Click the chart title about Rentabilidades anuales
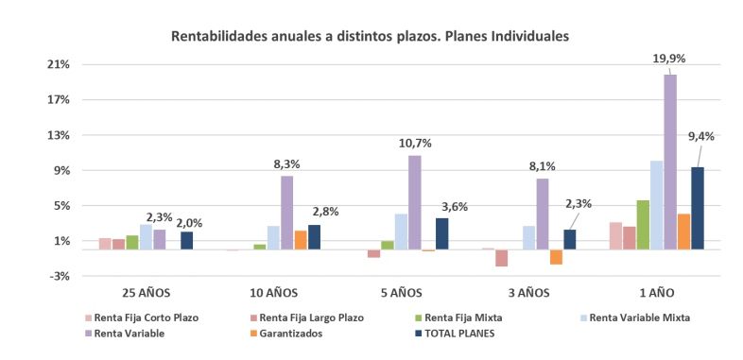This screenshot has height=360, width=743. pos(370,37)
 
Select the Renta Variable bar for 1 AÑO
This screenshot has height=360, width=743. pos(669,162)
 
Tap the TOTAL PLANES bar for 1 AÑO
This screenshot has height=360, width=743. pos(697,208)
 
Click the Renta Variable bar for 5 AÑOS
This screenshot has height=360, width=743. pos(414,202)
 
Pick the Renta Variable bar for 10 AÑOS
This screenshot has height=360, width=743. pos(286,213)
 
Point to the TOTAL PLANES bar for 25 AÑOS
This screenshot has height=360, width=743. pos(186,240)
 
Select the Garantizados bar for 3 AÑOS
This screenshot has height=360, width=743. pos(556,257)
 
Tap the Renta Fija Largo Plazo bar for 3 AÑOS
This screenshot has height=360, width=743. pos(501,258)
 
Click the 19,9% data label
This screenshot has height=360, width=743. pos(669,59)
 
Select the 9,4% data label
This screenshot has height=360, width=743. pos(700,136)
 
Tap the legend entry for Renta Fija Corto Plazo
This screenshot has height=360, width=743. pos(142,317)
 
